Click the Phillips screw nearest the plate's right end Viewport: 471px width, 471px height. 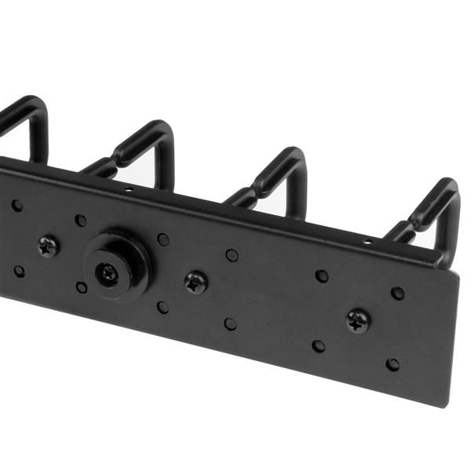point(359,320)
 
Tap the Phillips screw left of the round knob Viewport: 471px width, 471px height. point(49,246)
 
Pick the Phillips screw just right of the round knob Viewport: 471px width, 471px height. point(195,283)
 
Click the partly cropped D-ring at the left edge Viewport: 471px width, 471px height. point(24,126)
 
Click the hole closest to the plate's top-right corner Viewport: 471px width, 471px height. point(398,293)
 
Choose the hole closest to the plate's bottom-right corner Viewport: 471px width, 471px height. point(392,365)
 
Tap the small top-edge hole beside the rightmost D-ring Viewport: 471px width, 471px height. point(367,242)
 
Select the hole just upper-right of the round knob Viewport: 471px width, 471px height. point(163,239)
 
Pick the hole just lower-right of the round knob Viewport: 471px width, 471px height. point(162,307)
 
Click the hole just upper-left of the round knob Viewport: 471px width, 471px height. point(81,221)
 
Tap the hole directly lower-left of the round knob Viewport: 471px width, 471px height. point(82,287)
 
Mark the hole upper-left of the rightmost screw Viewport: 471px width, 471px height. point(322,276)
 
